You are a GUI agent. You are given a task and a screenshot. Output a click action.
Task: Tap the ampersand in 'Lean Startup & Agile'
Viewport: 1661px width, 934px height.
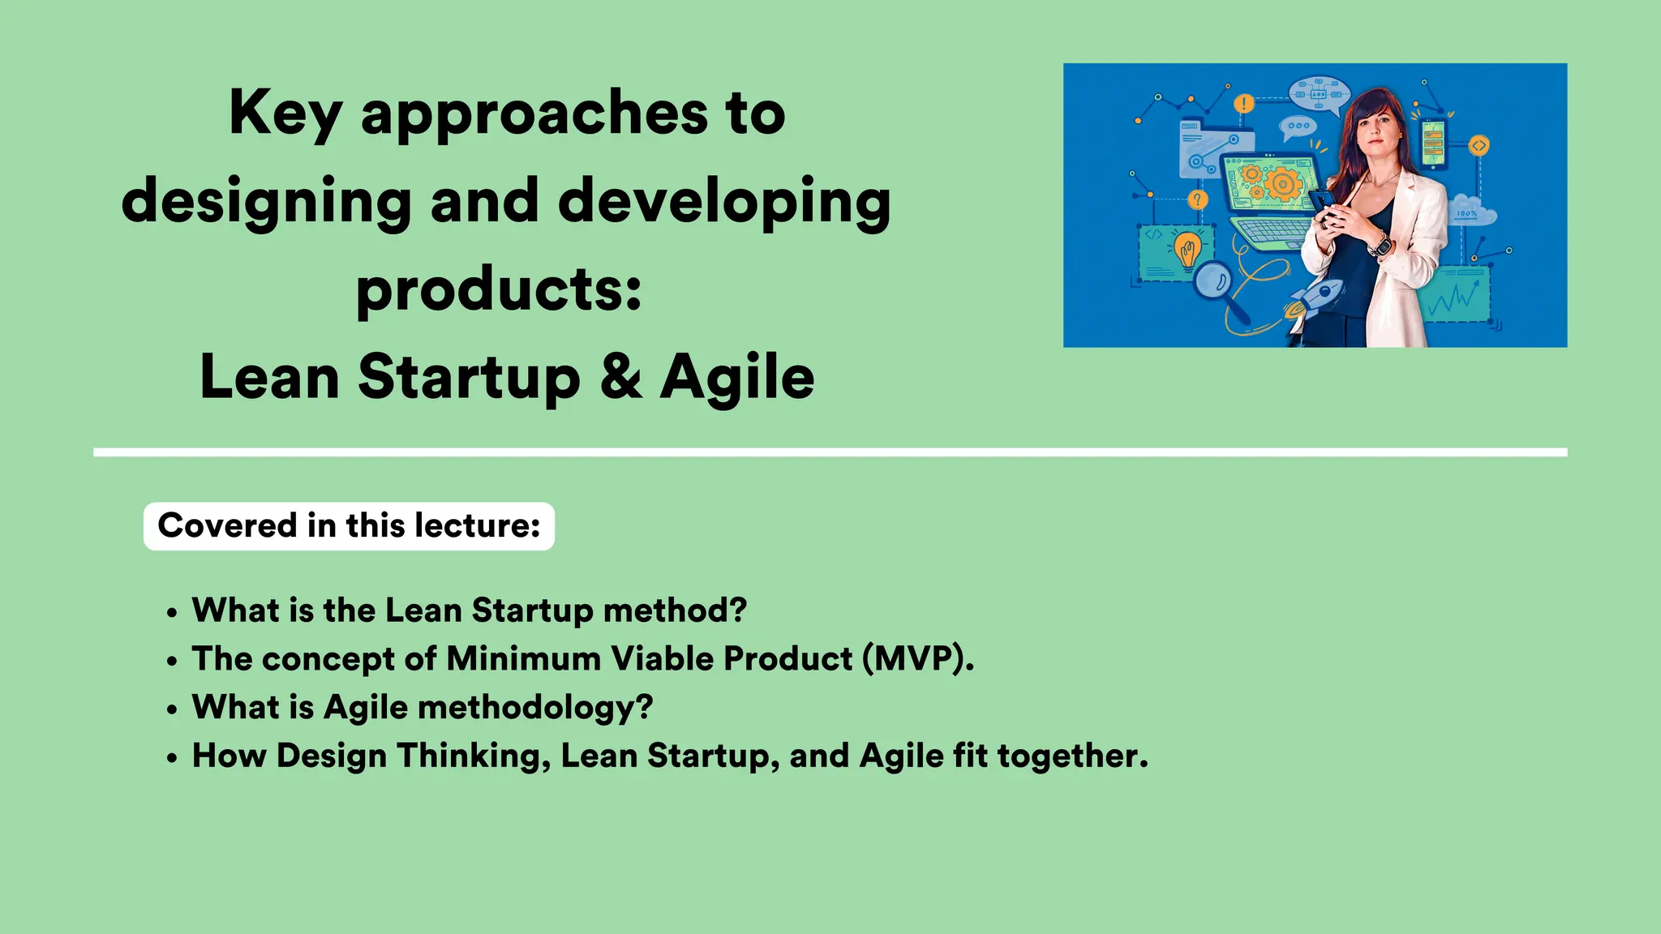pyautogui.click(x=620, y=377)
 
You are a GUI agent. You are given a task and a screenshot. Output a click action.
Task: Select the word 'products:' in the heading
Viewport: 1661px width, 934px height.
pyautogui.click(x=499, y=290)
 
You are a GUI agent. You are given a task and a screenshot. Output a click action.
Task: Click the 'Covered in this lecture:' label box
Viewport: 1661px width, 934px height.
pyautogui.click(x=349, y=526)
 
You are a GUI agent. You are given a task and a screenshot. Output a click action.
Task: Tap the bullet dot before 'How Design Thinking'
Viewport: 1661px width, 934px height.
pyautogui.click(x=171, y=759)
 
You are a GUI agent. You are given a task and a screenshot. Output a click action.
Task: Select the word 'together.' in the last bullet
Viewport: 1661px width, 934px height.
pyautogui.click(x=1072, y=756)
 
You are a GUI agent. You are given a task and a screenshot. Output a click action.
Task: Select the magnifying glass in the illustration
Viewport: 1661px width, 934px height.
pyautogui.click(x=1217, y=283)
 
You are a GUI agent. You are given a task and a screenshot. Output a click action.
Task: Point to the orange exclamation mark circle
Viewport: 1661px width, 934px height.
pyautogui.click(x=1243, y=104)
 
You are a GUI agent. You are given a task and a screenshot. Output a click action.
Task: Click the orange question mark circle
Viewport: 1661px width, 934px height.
pyautogui.click(x=1197, y=199)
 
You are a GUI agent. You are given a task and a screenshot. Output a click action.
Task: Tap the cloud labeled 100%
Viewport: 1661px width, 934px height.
pyautogui.click(x=1470, y=212)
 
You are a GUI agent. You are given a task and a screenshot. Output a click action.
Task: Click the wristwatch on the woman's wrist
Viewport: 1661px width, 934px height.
pyautogui.click(x=1380, y=243)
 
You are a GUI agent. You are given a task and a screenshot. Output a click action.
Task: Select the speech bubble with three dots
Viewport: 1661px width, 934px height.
pyautogui.click(x=1298, y=126)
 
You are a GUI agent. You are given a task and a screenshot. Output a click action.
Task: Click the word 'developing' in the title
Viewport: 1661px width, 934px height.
pyautogui.click(x=724, y=201)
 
